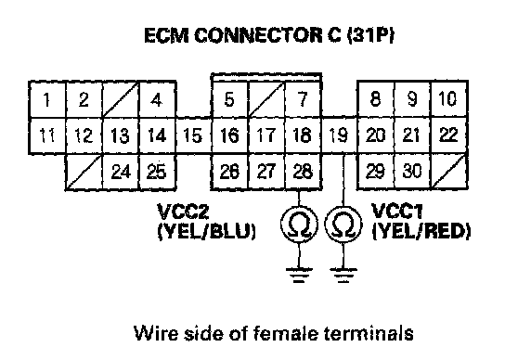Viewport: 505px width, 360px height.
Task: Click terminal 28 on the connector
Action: coord(303,172)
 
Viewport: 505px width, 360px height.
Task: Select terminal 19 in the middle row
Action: coord(339,135)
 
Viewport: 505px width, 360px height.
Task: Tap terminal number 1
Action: coord(47,99)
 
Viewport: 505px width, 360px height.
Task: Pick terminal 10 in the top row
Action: coord(448,99)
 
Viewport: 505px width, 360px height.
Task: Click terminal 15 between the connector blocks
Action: coord(193,135)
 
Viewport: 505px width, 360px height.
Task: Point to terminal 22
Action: coord(448,135)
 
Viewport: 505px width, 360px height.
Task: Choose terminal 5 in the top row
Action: coord(229,99)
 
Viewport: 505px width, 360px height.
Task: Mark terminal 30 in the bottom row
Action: coord(412,171)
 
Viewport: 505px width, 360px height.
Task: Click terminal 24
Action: coord(121,172)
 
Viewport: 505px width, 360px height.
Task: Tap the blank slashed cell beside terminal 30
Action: coord(448,171)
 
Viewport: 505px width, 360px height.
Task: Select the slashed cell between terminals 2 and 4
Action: coord(121,99)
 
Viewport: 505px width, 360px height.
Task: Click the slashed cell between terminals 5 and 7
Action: coord(266,99)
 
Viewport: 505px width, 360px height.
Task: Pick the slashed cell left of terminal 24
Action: coord(84,172)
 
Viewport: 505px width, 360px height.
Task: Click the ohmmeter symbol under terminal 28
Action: coord(299,224)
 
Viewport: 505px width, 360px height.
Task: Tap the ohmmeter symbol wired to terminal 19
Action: coord(343,224)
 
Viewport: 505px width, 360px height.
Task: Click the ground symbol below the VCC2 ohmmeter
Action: coord(299,275)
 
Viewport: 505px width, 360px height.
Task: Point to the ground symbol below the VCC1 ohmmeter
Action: coord(343,275)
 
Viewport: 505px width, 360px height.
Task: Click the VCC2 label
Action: coord(183,212)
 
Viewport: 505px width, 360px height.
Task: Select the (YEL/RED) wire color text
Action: coord(421,231)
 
